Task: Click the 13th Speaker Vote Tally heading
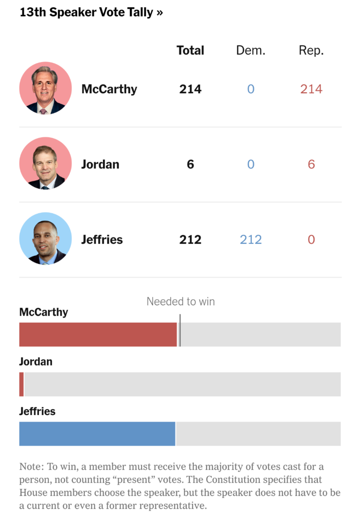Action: coord(91,12)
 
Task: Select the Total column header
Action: coord(190,50)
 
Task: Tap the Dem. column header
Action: coord(251,50)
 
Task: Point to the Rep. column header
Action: coord(311,50)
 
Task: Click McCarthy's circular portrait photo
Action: coord(45,88)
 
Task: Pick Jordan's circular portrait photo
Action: coord(45,163)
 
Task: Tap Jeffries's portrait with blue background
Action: coord(45,239)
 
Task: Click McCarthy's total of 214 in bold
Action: coord(190,89)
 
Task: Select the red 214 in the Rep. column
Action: coord(311,89)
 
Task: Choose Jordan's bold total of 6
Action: coord(190,164)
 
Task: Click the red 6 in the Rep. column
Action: coord(311,164)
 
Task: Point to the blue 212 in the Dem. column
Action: coord(251,240)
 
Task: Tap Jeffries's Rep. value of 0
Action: coord(311,240)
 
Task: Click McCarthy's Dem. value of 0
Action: coord(251,89)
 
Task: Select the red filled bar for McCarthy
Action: coord(98,334)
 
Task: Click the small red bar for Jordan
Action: coord(21,384)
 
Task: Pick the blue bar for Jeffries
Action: coord(97,433)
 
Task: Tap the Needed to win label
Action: coord(181,301)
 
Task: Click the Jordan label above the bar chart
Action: coord(36,361)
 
